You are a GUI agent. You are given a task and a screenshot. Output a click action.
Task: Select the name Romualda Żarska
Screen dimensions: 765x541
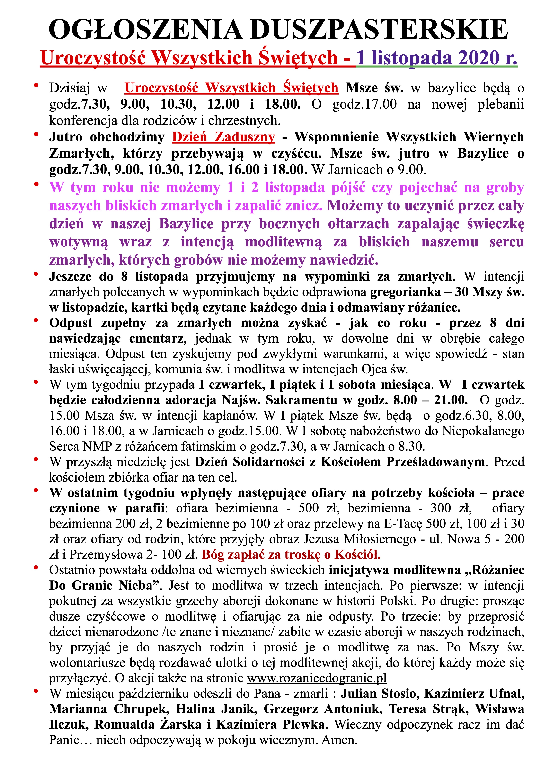pyautogui.click(x=148, y=724)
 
